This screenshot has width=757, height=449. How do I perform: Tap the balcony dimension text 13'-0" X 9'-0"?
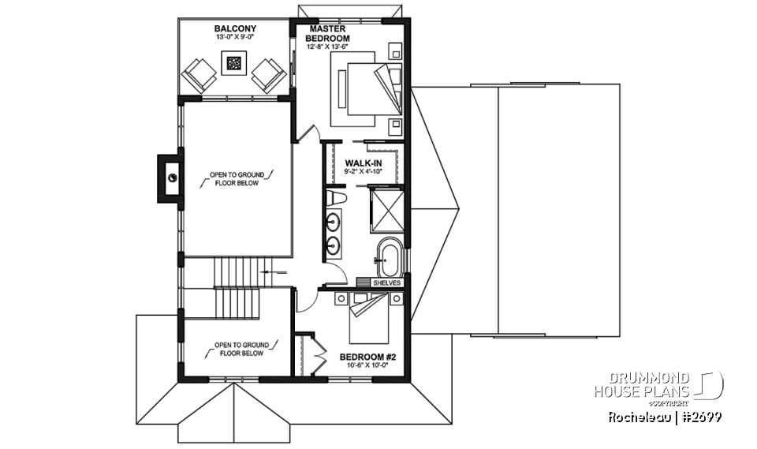tap(233, 37)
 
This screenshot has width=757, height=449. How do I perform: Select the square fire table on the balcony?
tap(234, 63)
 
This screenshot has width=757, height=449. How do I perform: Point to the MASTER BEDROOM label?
tap(329, 33)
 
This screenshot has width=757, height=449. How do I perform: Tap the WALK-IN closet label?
tap(364, 163)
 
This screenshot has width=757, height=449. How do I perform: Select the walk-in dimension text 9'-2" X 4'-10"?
tap(364, 172)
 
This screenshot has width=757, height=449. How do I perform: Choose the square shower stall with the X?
tap(387, 208)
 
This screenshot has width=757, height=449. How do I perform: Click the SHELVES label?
tap(388, 282)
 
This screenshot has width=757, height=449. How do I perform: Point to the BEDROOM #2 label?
tap(369, 357)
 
